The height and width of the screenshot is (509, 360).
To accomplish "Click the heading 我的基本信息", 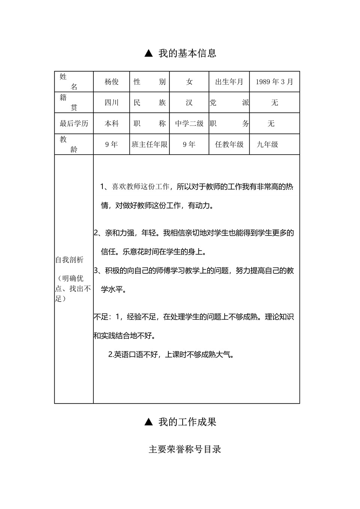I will (x=187, y=53).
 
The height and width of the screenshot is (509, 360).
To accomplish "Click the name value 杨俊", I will (x=111, y=82).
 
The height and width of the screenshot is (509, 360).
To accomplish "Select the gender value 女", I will (x=189, y=82).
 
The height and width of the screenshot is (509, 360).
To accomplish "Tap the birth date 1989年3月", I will (x=274, y=82).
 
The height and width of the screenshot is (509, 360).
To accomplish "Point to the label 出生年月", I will (x=229, y=82).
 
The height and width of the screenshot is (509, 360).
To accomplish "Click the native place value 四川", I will (x=111, y=103).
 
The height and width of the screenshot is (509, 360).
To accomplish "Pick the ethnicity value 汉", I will (x=189, y=103).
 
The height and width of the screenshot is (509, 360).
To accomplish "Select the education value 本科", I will (x=111, y=124).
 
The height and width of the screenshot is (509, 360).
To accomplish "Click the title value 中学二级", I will (x=189, y=124).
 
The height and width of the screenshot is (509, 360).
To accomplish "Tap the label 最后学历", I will (x=74, y=124).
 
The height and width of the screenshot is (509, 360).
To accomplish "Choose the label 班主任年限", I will (x=150, y=144).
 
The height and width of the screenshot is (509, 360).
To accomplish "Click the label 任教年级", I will (x=229, y=144).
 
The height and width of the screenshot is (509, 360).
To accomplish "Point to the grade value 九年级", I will (x=267, y=144).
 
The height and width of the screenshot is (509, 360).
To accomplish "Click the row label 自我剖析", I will (x=69, y=260).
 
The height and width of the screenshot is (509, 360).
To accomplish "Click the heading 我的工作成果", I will (x=187, y=422).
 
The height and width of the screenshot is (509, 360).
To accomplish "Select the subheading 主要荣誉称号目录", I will (x=185, y=449).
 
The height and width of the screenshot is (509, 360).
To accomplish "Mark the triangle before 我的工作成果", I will (x=148, y=422).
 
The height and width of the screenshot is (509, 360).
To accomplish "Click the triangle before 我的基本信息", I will (x=148, y=54).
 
